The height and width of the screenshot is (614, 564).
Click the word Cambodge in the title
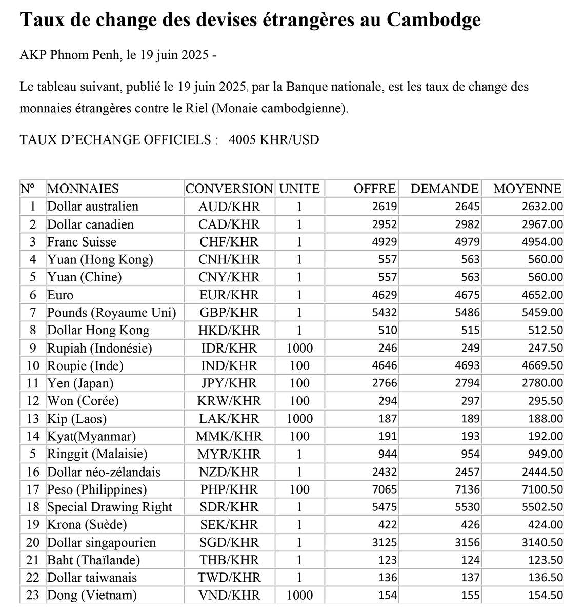coord(433,19)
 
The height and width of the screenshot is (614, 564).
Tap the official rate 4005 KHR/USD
coord(274,139)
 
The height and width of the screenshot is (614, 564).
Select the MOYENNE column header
coord(527,189)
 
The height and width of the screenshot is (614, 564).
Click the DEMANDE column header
coord(445,189)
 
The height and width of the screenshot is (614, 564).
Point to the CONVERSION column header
coord(229,189)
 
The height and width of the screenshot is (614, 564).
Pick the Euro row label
coord(61,295)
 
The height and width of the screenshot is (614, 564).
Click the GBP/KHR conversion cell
coord(229,313)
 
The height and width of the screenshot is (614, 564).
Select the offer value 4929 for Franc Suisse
coord(385,242)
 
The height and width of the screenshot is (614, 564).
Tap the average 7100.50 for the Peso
coord(542,489)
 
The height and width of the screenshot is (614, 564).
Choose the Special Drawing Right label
coord(110,507)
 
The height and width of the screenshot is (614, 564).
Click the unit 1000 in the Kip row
coord(299,419)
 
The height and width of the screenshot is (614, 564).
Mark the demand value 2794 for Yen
coord(467,383)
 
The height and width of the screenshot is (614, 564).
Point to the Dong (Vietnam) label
coord(92,595)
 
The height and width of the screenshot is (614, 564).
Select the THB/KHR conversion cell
coord(229,560)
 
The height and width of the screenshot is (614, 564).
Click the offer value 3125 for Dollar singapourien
coord(385,542)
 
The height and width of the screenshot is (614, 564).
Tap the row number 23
coord(33,595)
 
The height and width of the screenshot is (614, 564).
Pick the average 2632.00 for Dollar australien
coord(542,207)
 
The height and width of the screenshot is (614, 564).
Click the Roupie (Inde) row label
coord(85,366)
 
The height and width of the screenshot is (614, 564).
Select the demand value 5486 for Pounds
coord(467,313)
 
